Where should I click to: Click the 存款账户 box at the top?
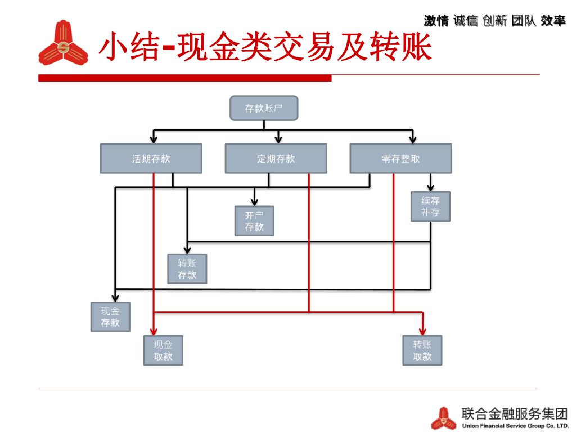(264, 108)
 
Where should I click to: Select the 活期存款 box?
(151, 159)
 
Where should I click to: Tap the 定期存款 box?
(276, 159)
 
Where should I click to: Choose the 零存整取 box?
(400, 159)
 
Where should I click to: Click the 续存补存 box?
(430, 206)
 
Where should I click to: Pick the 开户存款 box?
(254, 220)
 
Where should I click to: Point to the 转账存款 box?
(187, 269)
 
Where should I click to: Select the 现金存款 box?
(110, 317)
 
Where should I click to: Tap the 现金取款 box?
(163, 350)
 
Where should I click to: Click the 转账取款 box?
(422, 350)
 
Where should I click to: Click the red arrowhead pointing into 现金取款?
(154, 331)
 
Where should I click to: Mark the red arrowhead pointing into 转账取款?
(423, 331)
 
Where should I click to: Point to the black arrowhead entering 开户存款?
(254, 201)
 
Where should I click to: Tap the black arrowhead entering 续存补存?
(431, 187)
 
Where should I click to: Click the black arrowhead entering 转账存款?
(187, 249)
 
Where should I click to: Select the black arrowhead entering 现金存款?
(115, 297)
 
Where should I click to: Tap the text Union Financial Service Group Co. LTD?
(515, 426)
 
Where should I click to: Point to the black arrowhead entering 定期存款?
(278, 139)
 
